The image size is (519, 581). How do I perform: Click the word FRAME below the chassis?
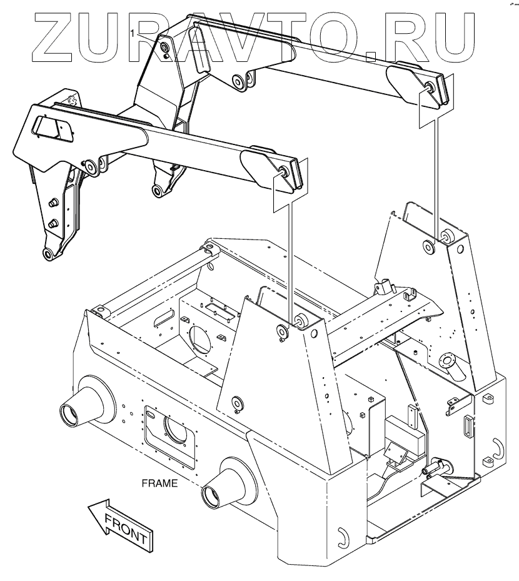[159, 483]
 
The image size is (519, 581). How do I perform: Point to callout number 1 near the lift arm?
[133, 31]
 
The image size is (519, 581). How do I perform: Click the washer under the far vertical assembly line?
[430, 246]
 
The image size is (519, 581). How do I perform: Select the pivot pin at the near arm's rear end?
[284, 172]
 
